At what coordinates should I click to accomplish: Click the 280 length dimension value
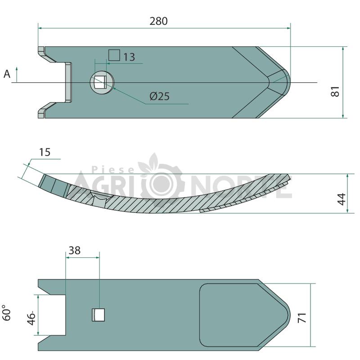(159, 21)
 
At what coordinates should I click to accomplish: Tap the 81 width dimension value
(335, 91)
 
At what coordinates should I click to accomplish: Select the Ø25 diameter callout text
(160, 96)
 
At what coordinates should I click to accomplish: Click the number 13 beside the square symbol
(129, 57)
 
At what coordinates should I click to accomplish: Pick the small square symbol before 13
(114, 55)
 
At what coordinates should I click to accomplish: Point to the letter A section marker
(7, 74)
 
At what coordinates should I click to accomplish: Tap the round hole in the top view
(102, 82)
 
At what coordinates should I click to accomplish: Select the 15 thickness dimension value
(45, 152)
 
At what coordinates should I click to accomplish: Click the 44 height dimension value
(342, 199)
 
